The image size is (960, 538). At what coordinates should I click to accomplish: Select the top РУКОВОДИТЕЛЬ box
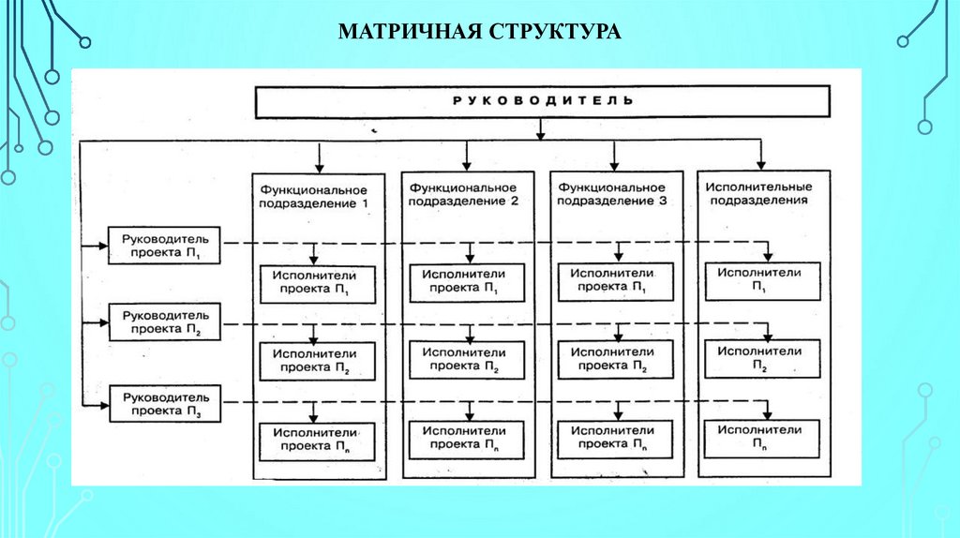click(542, 101)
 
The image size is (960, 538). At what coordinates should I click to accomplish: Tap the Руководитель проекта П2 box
click(164, 323)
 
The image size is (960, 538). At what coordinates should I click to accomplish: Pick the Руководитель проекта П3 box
click(164, 403)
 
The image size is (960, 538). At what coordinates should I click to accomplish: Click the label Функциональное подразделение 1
click(319, 196)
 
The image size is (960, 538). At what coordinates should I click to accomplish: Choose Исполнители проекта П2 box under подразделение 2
click(467, 361)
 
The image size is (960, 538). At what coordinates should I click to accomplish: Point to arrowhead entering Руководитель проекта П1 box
click(102, 246)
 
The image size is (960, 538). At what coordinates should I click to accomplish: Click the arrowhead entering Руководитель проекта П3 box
click(102, 404)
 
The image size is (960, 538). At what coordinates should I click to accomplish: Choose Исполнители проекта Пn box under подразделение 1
click(317, 440)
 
